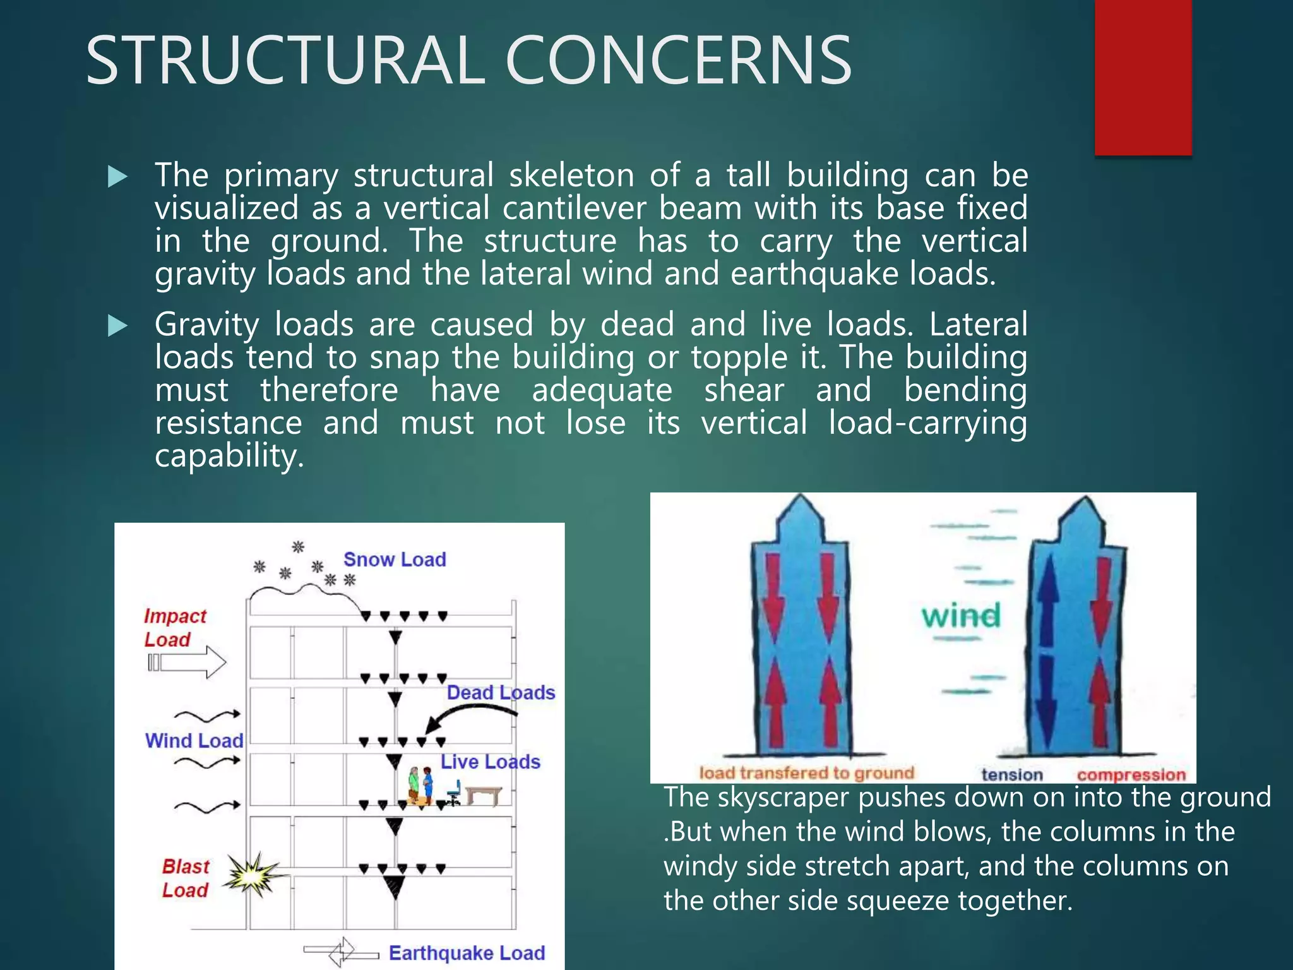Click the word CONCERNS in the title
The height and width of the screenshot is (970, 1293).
pyautogui.click(x=678, y=61)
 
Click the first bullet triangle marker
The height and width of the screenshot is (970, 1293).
pyautogui.click(x=117, y=177)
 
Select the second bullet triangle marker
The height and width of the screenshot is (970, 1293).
pyautogui.click(x=117, y=326)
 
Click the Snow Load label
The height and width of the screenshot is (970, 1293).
pyautogui.click(x=395, y=560)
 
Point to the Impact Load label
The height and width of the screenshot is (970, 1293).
pyautogui.click(x=174, y=628)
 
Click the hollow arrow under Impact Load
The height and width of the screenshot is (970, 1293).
pyautogui.click(x=187, y=662)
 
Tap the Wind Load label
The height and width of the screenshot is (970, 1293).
pyautogui.click(x=194, y=740)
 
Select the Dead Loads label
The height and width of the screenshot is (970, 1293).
pyautogui.click(x=501, y=693)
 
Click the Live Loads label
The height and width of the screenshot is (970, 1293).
pyautogui.click(x=490, y=762)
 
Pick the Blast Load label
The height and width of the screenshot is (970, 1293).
pyautogui.click(x=185, y=878)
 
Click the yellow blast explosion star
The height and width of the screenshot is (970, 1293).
pyautogui.click(x=254, y=875)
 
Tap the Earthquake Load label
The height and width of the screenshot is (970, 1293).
pyautogui.click(x=467, y=952)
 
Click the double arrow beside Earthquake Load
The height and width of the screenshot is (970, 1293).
pyautogui.click(x=341, y=951)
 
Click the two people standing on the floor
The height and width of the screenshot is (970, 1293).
pyautogui.click(x=420, y=785)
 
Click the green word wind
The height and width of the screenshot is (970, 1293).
pyautogui.click(x=961, y=616)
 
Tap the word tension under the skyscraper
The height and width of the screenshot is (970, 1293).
pyautogui.click(x=1011, y=774)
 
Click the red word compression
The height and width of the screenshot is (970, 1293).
pyautogui.click(x=1131, y=774)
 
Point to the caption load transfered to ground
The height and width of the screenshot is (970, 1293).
pyautogui.click(x=806, y=772)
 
